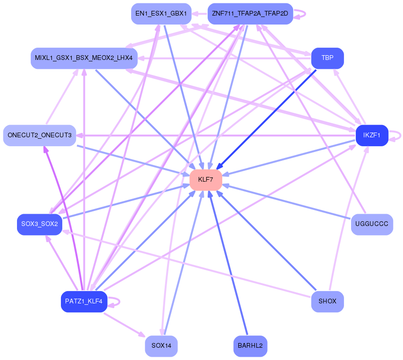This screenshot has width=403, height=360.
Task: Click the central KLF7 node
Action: click(206, 180)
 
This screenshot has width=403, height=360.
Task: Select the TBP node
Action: click(327, 58)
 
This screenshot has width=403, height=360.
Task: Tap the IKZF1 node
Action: click(371, 135)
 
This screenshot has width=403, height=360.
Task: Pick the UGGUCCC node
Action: click(372, 224)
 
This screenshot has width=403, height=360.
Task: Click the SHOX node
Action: click(327, 301)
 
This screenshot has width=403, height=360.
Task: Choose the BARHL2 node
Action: click(250, 346)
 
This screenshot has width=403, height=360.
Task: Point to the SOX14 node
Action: click(161, 346)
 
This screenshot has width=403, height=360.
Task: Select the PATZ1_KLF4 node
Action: click(84, 301)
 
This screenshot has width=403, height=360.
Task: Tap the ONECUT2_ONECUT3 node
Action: click(40, 135)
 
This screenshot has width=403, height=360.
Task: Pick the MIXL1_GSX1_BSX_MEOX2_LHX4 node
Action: click(84, 58)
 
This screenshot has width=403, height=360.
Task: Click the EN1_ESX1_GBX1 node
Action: click(161, 14)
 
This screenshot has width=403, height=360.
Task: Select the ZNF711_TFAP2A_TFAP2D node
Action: click(250, 14)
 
